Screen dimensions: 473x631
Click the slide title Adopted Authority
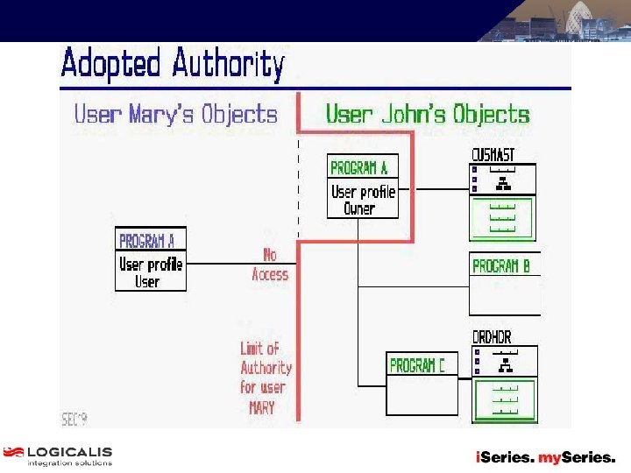coord(173,64)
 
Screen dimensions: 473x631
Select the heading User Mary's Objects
coord(175,115)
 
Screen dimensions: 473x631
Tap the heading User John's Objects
coord(428,115)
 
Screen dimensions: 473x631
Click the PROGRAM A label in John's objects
coord(358,167)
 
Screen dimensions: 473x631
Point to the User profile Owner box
coord(363,200)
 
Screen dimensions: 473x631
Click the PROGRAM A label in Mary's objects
coord(146,240)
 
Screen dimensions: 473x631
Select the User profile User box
coord(150,272)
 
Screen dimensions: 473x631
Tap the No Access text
coord(269,265)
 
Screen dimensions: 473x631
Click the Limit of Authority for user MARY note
coord(266,378)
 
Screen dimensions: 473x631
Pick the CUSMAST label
coord(493,155)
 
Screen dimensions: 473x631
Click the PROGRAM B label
coord(506,265)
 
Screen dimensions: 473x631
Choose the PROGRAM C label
coord(417,365)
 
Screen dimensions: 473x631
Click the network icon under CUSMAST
coord(503,183)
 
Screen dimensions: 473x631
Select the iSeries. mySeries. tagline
coord(545,457)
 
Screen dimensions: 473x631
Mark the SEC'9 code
coord(74,419)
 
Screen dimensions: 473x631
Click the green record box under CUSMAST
coord(502,218)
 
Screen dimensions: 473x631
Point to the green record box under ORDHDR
coord(504,399)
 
